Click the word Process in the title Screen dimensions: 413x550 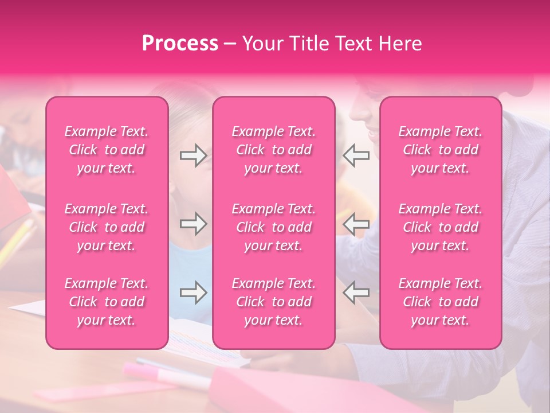180,44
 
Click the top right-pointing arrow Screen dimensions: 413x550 193,155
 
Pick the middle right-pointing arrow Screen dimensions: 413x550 193,224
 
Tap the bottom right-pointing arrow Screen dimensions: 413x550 193,293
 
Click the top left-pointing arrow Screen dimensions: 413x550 356,155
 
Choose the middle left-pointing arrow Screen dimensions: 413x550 356,224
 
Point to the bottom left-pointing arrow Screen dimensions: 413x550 356,293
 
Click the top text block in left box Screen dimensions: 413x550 107,150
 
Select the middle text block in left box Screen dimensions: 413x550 107,227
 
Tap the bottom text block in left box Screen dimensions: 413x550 107,302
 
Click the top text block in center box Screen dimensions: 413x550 274,150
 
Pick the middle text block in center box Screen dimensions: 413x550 274,227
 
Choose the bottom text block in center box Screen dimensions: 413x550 274,302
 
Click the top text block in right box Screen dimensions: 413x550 441,150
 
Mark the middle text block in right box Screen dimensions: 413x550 441,227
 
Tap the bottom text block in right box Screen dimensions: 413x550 441,302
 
